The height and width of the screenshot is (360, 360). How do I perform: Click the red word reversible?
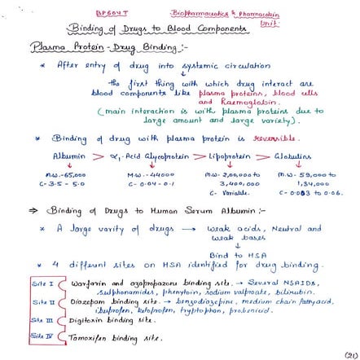coord(261,136)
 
